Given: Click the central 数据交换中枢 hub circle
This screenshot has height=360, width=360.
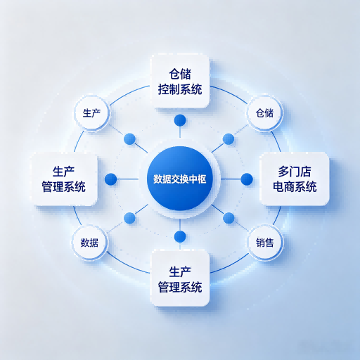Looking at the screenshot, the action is click(x=180, y=179).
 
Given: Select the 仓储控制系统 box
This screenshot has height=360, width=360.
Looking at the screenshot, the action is click(x=180, y=82).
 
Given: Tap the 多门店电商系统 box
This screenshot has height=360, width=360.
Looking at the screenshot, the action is click(x=295, y=179).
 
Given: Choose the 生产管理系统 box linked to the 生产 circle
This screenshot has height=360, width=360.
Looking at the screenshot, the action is click(x=65, y=179).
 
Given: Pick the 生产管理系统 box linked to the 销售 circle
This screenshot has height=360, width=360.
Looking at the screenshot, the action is click(x=180, y=278).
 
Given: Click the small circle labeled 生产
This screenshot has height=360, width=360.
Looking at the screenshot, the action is click(x=91, y=113).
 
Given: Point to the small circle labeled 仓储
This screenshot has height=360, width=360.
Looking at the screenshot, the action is click(x=264, y=113).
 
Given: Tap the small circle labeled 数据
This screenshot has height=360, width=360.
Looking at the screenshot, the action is click(x=89, y=243).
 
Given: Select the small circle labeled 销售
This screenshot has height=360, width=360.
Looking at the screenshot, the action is click(x=264, y=243).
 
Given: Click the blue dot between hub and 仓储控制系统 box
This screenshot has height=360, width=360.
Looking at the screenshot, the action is click(x=180, y=120).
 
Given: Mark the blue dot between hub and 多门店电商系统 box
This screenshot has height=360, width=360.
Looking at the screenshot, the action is click(x=247, y=179).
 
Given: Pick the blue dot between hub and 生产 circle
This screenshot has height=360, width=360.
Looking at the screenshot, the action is click(x=129, y=139).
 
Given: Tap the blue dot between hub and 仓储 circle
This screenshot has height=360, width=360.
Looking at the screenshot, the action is click(x=229, y=139).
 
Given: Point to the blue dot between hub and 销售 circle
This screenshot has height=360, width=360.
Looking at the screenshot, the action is click(x=229, y=218).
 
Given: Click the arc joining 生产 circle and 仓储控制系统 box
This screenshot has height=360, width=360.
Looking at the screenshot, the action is click(x=129, y=94).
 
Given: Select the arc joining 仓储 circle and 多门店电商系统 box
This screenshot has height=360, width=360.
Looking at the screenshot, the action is click(x=276, y=141).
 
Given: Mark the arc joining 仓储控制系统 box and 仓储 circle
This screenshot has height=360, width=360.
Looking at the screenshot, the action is click(x=230, y=94).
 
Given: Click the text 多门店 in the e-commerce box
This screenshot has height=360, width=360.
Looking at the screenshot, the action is click(x=295, y=172).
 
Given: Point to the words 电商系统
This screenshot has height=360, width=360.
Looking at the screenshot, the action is click(x=295, y=187).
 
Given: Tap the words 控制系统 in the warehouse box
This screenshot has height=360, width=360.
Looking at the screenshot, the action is click(x=180, y=89).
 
